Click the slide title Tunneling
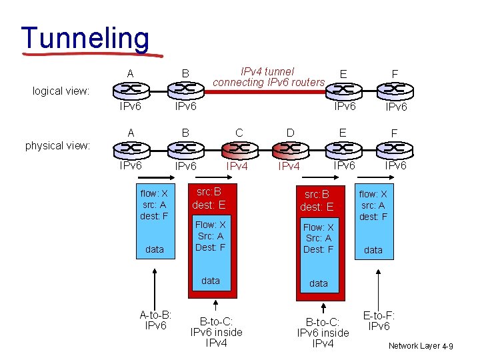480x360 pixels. pos(85,38)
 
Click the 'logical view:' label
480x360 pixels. pos(61,91)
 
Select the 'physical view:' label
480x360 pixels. pos(57,145)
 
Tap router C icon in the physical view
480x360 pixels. pos(238,148)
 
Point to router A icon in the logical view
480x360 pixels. pos(131,89)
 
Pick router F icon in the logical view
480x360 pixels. pos(395,89)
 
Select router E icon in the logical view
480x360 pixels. pos(343,89)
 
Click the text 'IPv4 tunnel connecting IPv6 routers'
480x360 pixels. pos(268,77)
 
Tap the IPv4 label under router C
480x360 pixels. pos(237,165)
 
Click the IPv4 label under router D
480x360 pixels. pos(289,166)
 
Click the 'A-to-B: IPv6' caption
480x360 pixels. pos(155,320)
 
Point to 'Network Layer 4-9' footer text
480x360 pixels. pos(421,346)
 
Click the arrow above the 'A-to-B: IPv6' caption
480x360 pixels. pos(155,287)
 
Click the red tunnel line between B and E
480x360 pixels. pos(267,89)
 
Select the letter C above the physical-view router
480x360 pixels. pos(239,133)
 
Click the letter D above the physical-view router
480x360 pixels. pos(290,133)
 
